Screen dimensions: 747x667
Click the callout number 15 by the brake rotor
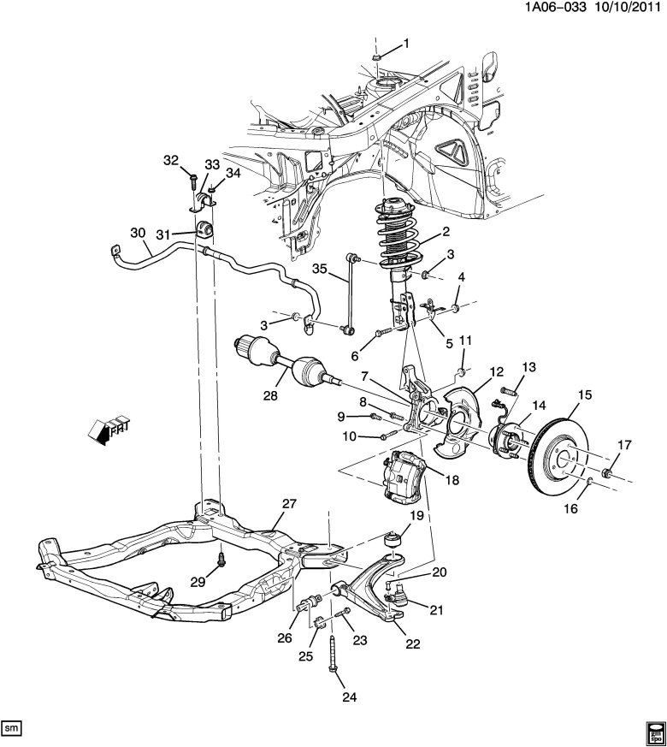click(x=585, y=395)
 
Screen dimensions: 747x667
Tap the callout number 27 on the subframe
click(x=288, y=504)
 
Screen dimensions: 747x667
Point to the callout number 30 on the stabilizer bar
click(x=139, y=234)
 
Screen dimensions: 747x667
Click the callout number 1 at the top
click(x=406, y=44)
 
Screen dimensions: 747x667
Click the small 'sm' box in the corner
click(x=12, y=726)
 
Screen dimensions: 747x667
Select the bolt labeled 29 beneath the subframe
click(x=221, y=561)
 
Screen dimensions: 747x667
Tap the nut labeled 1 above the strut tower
click(x=376, y=58)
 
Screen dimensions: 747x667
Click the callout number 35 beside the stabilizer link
click(x=318, y=268)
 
